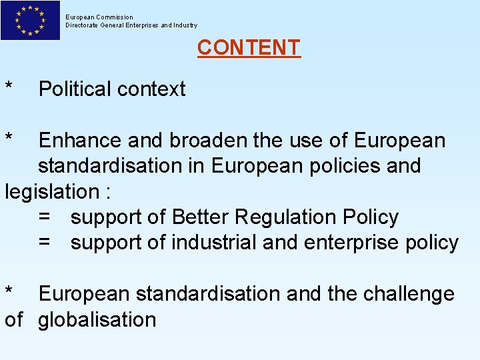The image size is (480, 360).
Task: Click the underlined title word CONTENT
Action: point(249,47)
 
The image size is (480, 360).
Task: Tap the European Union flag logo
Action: point(30,20)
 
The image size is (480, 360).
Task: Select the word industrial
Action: point(214,243)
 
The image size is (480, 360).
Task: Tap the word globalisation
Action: point(97,319)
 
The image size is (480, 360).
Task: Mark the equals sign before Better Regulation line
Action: point(44,217)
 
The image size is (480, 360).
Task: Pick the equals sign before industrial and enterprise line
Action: point(44,243)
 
